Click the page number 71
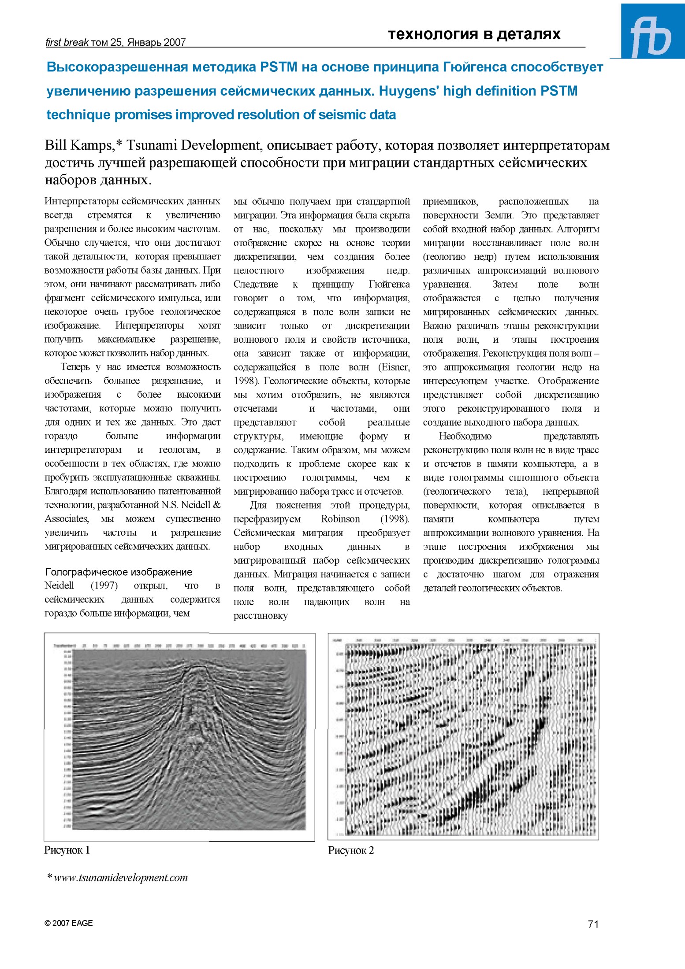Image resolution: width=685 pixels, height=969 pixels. [593, 924]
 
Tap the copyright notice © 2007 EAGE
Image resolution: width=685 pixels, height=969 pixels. [69, 923]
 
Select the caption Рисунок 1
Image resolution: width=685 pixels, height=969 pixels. [67, 850]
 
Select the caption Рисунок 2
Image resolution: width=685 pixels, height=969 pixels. [351, 851]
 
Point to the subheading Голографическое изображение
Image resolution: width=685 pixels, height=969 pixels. [119, 572]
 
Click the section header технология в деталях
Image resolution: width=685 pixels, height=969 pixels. [474, 34]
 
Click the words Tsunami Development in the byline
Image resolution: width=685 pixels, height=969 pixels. [194, 145]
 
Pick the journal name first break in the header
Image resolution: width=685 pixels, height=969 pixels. [67, 42]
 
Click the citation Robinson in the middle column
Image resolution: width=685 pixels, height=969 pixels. [340, 519]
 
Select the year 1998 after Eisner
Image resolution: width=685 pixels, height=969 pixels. [242, 381]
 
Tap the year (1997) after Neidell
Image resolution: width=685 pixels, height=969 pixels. [104, 585]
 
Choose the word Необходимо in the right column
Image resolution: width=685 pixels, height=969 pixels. [465, 436]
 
